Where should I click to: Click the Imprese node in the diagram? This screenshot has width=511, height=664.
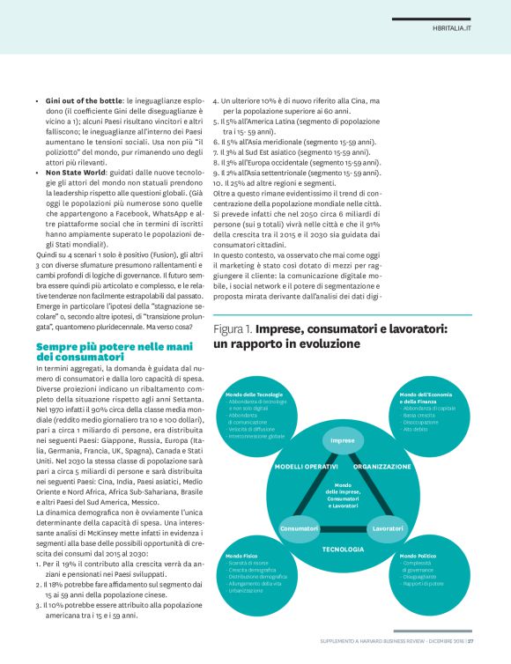[x=342, y=440]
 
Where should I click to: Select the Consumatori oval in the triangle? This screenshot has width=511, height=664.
[x=299, y=528]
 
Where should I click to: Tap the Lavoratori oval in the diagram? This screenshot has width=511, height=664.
[x=388, y=528]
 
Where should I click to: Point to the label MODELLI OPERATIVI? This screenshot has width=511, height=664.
[x=307, y=466]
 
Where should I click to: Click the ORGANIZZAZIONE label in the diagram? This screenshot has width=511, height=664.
[x=382, y=466]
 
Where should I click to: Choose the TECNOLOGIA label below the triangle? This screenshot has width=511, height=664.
[x=343, y=549]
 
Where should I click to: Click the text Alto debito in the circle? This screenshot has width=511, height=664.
[x=415, y=429]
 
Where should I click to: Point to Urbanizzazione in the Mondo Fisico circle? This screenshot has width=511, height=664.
[x=248, y=590]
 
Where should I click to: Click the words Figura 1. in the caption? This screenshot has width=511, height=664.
[x=233, y=328]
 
